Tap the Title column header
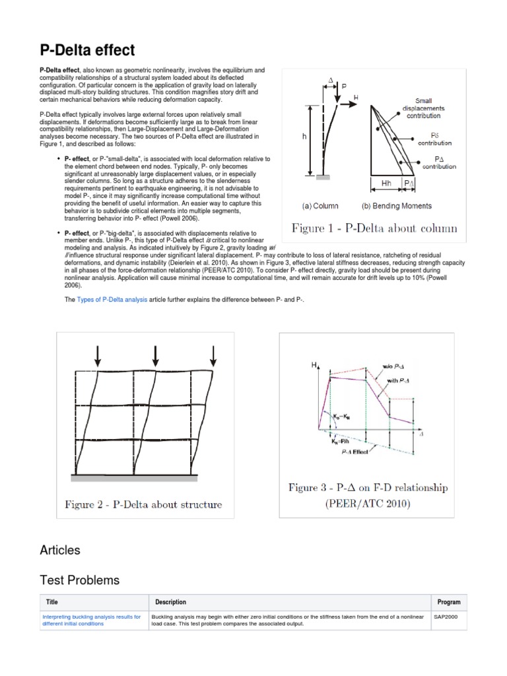(52, 602)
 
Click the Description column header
(170, 602)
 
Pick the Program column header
(448, 602)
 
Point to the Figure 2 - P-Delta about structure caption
(143, 505)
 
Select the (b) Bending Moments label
(397, 206)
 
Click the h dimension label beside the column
(304, 136)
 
